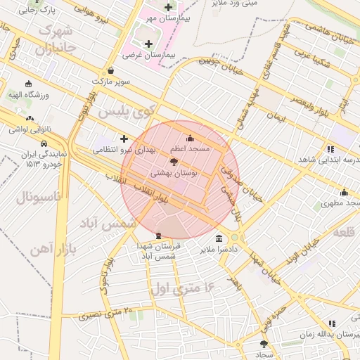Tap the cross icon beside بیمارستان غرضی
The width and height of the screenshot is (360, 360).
point(148,44)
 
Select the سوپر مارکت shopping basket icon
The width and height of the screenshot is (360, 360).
point(112,70)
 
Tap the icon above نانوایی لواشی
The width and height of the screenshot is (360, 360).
point(30,118)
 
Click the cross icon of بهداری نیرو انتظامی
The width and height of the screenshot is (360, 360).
point(124,139)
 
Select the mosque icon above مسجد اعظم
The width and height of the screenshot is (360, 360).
point(189,137)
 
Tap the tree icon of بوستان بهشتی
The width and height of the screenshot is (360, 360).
point(174,161)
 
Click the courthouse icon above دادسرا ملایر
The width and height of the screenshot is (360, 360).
point(219,238)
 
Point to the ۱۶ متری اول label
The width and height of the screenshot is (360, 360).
point(181,287)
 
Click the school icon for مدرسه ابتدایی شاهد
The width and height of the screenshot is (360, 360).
point(330,148)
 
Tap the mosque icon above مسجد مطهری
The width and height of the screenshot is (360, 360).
point(344,192)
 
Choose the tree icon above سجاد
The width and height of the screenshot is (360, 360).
point(264,344)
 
